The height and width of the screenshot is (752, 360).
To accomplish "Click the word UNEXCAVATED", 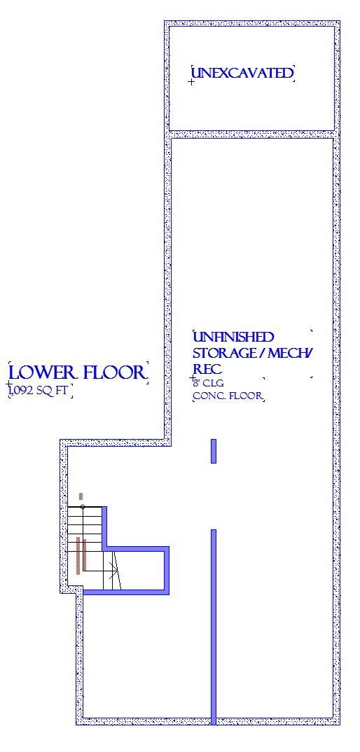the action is tap(242, 73).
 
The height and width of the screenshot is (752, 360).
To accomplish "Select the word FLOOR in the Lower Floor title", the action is tap(114, 372).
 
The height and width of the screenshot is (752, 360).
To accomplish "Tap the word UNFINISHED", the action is tap(233, 337).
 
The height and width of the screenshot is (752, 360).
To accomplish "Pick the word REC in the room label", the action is tap(201, 369).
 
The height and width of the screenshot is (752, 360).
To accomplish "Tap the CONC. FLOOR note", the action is tap(228, 396).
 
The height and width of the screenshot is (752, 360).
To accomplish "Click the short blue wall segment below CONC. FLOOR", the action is tap(214, 452).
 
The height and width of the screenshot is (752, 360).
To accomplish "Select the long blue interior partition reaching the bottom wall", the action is tap(214, 627).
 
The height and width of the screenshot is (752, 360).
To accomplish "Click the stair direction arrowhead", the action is tap(115, 570).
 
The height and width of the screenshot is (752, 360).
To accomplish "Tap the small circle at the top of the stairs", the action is tap(83, 507).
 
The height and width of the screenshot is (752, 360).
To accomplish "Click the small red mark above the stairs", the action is tap(81, 496).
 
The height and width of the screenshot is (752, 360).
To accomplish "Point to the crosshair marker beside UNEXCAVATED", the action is tap(191, 82).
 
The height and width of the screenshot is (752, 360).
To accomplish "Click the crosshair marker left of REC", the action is tap(193, 378).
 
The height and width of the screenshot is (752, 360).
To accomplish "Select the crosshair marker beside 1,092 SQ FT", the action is tap(8, 384).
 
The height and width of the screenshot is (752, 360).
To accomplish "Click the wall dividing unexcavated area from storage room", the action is tap(251, 134).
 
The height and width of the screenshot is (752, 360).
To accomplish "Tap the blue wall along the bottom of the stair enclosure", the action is tap(126, 592).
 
